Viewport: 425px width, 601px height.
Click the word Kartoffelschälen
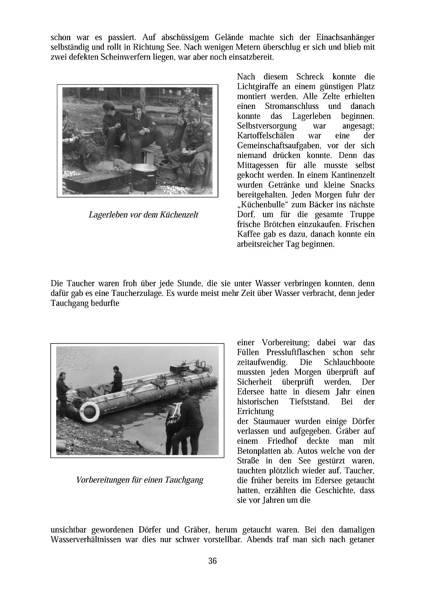[x=266, y=136]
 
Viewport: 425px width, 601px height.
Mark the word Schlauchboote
[x=349, y=362]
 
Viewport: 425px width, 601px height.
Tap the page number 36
[x=212, y=561]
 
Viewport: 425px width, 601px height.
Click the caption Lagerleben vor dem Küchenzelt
[x=143, y=215]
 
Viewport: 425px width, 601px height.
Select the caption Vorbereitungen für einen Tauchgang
[x=140, y=480]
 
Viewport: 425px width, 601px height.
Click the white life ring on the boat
[x=89, y=411]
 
